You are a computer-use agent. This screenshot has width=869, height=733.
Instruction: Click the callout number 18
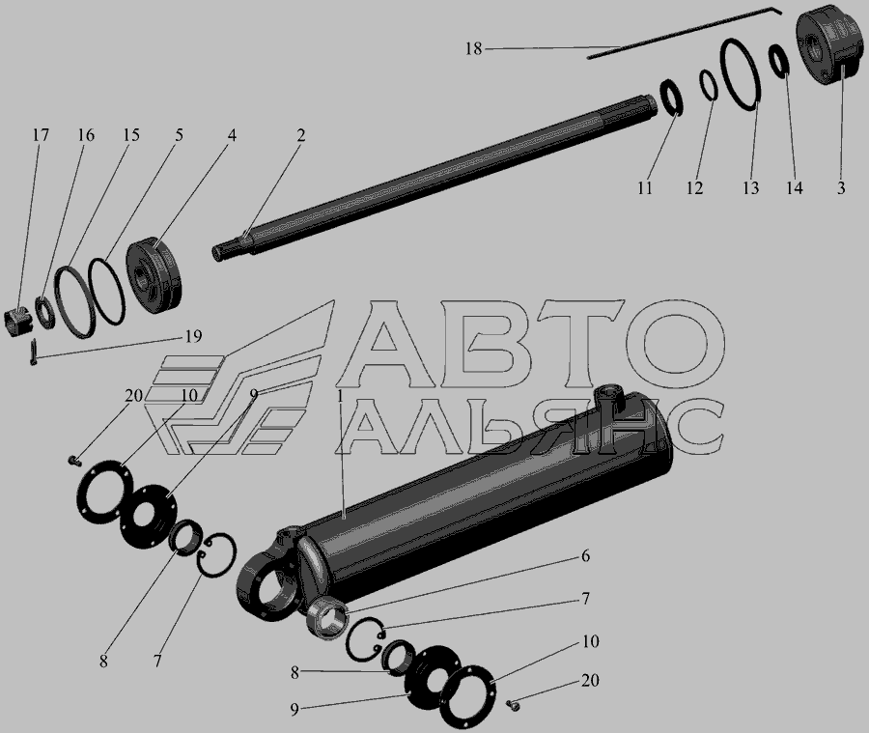point(473,49)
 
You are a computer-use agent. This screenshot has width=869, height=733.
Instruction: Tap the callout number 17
point(40,135)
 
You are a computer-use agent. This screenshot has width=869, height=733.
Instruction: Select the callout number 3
point(841,188)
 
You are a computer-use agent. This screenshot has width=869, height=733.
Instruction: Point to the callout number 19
point(193,336)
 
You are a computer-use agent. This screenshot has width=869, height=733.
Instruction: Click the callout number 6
point(585,555)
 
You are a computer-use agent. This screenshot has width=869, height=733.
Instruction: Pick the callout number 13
point(750,188)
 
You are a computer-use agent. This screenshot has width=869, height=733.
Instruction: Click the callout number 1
point(340,396)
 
